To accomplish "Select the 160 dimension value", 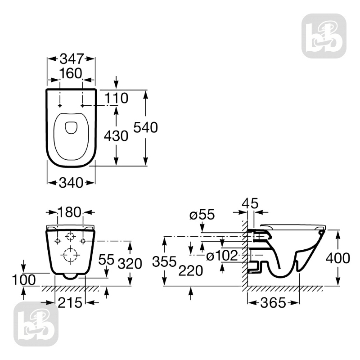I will [70, 73].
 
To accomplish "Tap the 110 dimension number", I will [117, 97].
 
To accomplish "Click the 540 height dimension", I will [146, 128].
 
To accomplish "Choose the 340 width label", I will [71, 183].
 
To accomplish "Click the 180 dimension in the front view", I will [71, 212].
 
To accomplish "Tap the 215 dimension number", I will [71, 303].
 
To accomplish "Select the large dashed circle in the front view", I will [70, 256].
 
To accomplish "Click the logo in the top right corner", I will [324, 36].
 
